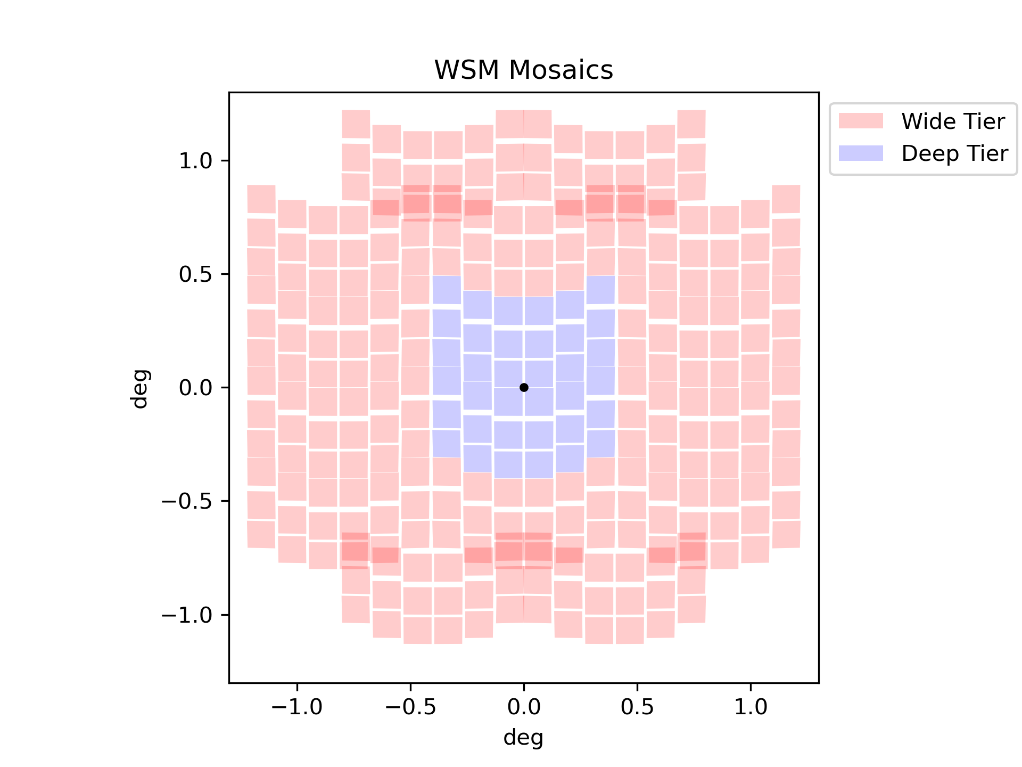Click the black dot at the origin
tap(524, 387)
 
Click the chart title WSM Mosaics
tap(524, 70)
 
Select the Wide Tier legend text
tap(953, 121)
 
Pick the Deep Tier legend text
tap(954, 153)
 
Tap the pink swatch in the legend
tap(861, 121)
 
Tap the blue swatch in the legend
tap(861, 153)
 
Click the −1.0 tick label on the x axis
tap(296, 707)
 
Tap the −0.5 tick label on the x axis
tap(410, 707)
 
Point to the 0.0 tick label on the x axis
tap(524, 707)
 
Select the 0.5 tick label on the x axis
tap(637, 707)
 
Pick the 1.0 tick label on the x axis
tap(751, 707)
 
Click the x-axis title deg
tap(524, 738)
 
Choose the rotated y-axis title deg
tap(140, 388)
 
